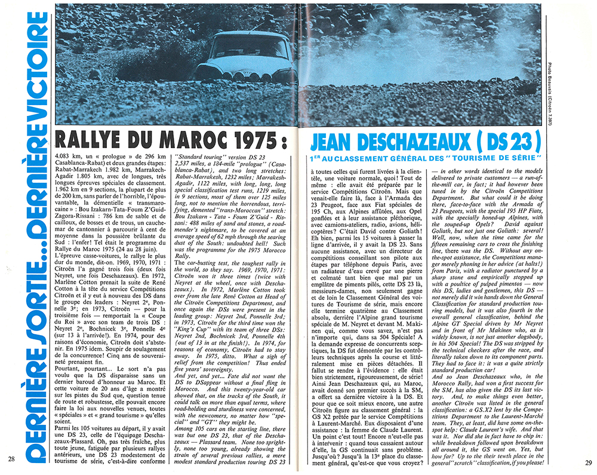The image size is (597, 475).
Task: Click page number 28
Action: [x=11, y=459]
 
